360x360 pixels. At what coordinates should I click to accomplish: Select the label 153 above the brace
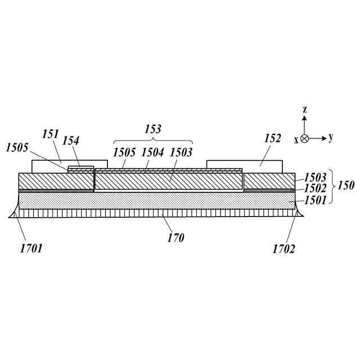[153, 128]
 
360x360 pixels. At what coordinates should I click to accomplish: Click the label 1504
[153, 152]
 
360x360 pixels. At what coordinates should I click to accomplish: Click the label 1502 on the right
[315, 189]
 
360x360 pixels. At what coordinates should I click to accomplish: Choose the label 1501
[315, 200]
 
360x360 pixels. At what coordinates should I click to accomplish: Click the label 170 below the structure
[175, 238]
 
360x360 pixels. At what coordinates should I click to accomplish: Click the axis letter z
[304, 109]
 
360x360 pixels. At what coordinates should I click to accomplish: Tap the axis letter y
[331, 137]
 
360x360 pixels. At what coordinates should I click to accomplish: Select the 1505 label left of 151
[17, 147]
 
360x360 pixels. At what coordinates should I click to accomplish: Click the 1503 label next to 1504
[181, 152]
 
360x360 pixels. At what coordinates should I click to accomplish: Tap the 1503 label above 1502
[315, 178]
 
